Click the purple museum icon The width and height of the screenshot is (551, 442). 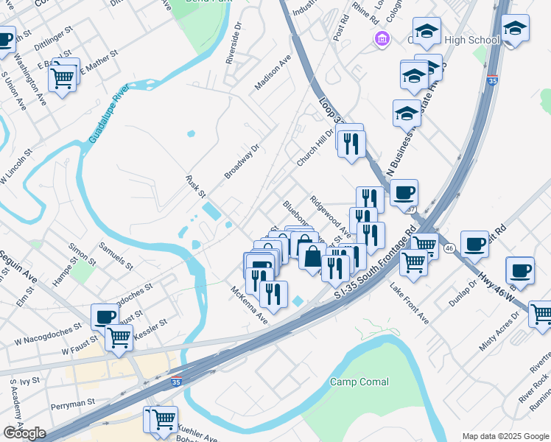[x=382, y=38]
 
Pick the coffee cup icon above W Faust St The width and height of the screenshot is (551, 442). [x=104, y=316]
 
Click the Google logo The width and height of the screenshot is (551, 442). [x=24, y=433]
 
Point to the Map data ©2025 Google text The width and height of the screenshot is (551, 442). [x=505, y=436]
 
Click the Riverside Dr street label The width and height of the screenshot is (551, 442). [x=234, y=46]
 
